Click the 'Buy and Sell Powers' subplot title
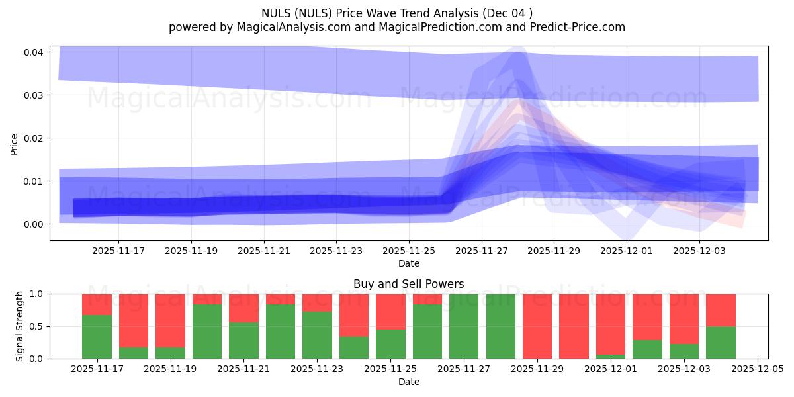(408, 284)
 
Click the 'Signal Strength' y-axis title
(20, 326)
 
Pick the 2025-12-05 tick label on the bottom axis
(756, 369)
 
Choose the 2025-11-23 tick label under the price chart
(336, 251)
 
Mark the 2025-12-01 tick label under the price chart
(627, 251)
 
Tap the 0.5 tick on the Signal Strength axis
(37, 326)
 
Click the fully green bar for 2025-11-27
(464, 326)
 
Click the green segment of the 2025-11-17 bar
(97, 337)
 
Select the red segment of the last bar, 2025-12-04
(721, 310)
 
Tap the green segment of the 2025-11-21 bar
(243, 340)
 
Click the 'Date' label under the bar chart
(408, 382)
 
